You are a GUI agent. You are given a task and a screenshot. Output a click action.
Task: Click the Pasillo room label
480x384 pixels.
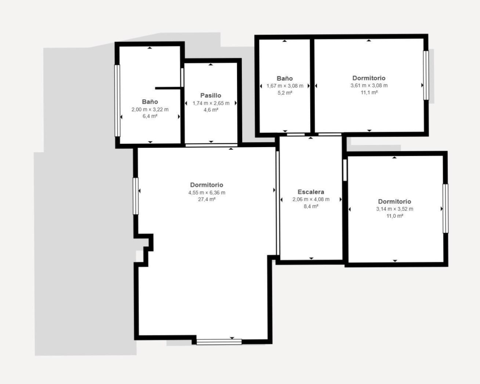pyautogui.click(x=211, y=95)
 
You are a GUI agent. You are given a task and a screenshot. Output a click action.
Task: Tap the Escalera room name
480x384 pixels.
pyautogui.click(x=311, y=192)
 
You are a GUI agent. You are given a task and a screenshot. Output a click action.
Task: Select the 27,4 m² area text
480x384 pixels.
pyautogui.click(x=207, y=199)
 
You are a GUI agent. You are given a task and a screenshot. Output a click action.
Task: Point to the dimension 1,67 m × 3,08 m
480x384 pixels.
pyautogui.click(x=285, y=86)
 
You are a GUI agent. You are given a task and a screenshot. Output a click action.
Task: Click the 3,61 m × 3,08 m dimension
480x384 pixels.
pyautogui.click(x=369, y=85)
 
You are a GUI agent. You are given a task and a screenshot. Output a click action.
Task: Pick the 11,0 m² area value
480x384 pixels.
pyautogui.click(x=395, y=216)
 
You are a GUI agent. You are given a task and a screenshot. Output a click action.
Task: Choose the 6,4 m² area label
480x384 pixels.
pyautogui.click(x=150, y=116)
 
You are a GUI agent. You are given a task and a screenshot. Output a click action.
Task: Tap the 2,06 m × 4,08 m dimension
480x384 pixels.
pyautogui.click(x=311, y=199)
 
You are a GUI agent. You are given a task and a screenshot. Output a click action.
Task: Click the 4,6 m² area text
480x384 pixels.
pyautogui.click(x=211, y=110)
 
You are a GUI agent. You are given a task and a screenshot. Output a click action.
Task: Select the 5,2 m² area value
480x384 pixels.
pyautogui.click(x=285, y=93)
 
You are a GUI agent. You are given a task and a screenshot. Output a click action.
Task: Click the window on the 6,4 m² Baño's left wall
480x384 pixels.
pyautogui.click(x=117, y=100)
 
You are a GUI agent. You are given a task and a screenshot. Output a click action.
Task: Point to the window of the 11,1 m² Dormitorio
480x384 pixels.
pyautogui.click(x=426, y=76)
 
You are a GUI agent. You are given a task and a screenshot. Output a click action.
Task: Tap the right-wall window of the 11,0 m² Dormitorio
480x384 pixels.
pyautogui.click(x=445, y=208)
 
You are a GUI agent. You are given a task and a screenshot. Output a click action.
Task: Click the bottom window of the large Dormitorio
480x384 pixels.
pyautogui.click(x=219, y=342)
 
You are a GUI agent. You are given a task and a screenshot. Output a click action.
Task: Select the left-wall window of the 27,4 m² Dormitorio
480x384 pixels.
pyautogui.click(x=136, y=196)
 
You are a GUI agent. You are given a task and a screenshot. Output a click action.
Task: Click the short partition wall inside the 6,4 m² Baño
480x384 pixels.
pyautogui.click(x=168, y=88)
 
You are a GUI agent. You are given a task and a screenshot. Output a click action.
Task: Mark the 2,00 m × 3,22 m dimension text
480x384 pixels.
pyautogui.click(x=150, y=109)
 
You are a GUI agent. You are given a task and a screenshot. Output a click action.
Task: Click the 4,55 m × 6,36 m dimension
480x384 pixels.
pyautogui.click(x=207, y=192)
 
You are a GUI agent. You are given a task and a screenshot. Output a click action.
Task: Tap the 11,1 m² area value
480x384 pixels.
pyautogui.click(x=369, y=92)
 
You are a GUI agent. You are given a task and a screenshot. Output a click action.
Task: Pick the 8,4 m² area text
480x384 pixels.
pyautogui.click(x=311, y=206)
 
